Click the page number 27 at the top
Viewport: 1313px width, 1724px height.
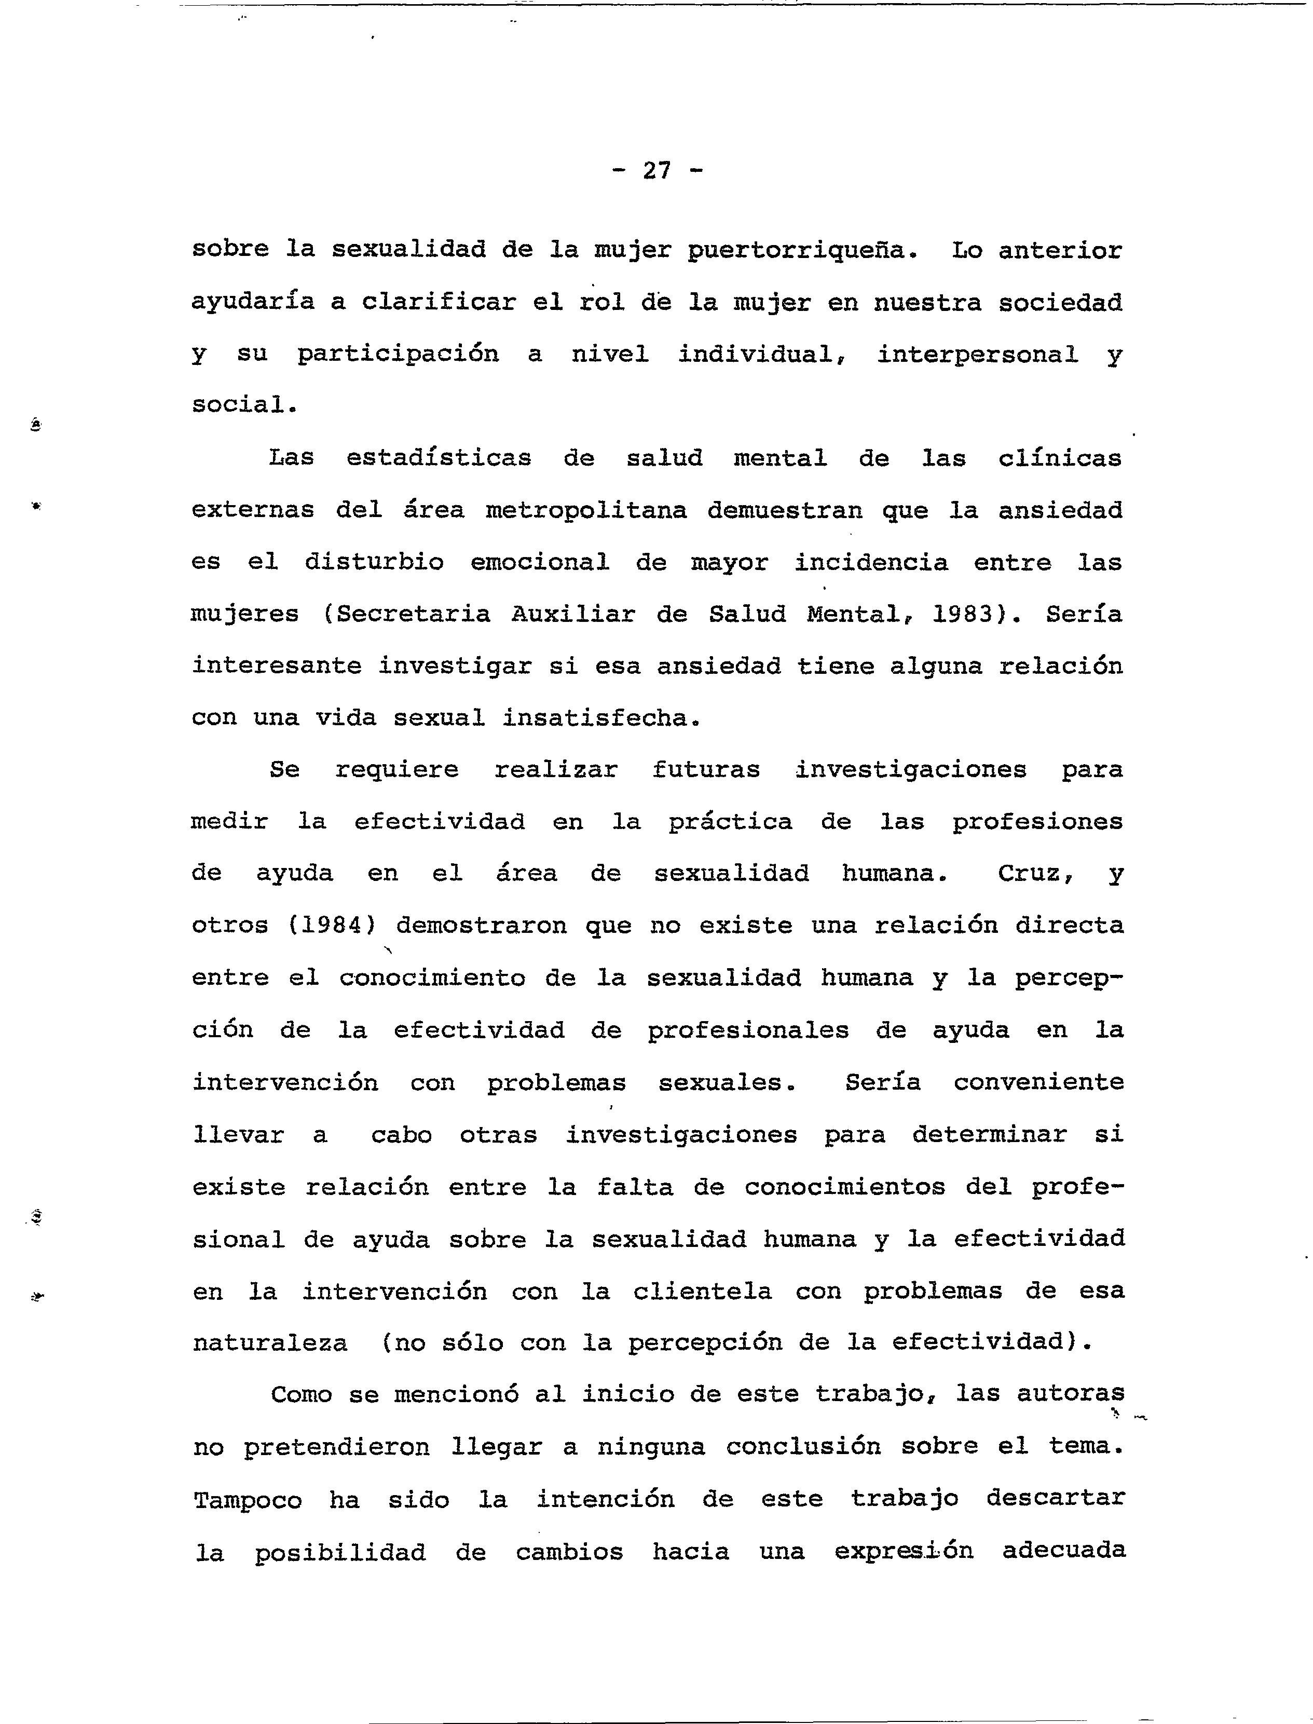click(656, 170)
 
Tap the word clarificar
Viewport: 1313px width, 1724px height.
click(439, 303)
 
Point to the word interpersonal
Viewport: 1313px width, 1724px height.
click(977, 355)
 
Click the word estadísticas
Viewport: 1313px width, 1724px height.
click(439, 458)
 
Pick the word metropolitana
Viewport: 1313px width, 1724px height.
click(586, 510)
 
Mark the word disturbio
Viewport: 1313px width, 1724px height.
click(374, 562)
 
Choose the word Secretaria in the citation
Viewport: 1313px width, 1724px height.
click(414, 615)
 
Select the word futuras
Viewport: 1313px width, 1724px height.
click(706, 770)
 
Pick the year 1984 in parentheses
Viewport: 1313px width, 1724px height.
click(325, 926)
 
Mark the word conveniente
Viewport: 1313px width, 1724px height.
click(1038, 1083)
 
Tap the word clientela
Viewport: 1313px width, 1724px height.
click(702, 1291)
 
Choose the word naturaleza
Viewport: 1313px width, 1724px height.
click(270, 1343)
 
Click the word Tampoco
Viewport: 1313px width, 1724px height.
click(247, 1500)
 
